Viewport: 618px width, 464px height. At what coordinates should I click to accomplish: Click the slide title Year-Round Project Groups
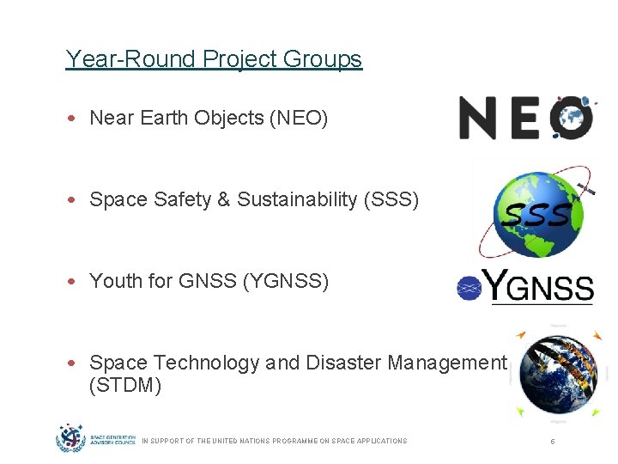pyautogui.click(x=214, y=59)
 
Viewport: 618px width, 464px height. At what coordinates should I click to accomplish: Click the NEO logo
pyautogui.click(x=525, y=118)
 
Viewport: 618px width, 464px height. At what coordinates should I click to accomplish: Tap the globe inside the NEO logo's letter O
pyautogui.click(x=572, y=118)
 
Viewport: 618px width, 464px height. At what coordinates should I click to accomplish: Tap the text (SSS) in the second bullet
pyautogui.click(x=391, y=199)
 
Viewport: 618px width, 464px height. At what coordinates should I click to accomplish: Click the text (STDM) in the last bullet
pyautogui.click(x=125, y=385)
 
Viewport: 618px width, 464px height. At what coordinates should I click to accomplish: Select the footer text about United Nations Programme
pyautogui.click(x=274, y=441)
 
